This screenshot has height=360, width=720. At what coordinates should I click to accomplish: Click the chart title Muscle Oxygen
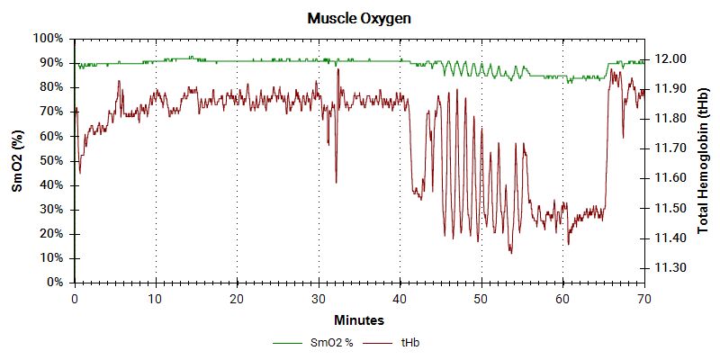coord(360,18)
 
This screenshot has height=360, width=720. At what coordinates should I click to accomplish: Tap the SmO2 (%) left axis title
coord(16,161)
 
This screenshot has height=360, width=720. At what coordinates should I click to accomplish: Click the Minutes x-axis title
coord(359,319)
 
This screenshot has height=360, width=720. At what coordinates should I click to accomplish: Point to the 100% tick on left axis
coord(48,39)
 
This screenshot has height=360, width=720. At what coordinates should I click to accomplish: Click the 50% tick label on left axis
coord(50,161)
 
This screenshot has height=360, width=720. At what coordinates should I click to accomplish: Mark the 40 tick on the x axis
coord(400,298)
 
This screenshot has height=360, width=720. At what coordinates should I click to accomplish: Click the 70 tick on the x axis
coord(644,298)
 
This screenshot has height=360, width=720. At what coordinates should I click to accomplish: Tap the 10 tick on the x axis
coord(156,298)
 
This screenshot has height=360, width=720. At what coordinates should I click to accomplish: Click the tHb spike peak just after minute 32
coord(338,69)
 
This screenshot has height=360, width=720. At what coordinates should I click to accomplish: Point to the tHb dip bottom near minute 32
coord(336,183)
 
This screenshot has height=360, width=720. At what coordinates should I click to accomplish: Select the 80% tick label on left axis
coord(50,87)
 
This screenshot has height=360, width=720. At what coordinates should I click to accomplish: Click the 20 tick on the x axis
coord(237,298)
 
